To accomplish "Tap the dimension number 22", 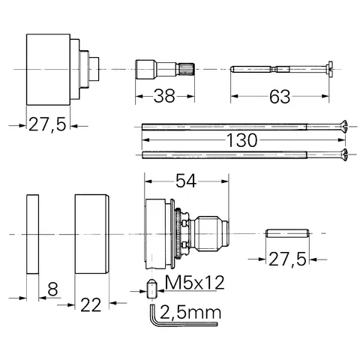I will pos(91,304).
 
